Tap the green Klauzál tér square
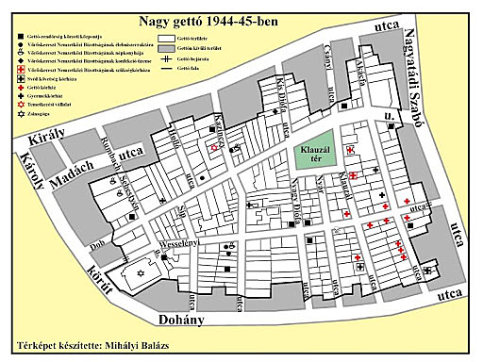coord(310,154)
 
